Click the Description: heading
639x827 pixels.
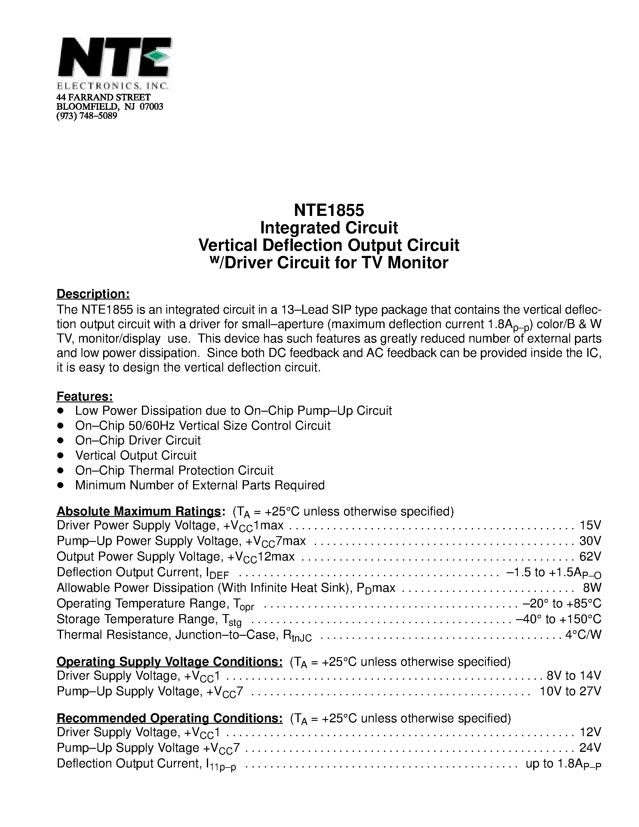click(x=93, y=294)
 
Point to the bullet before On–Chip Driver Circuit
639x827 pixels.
click(x=60, y=440)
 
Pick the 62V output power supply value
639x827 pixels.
click(x=590, y=556)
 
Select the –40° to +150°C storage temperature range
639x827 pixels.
click(x=558, y=619)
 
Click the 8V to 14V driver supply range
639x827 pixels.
click(x=574, y=675)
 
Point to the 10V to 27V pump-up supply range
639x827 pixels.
click(x=570, y=691)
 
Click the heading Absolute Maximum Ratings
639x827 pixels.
click(x=139, y=512)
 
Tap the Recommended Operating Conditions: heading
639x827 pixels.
click(x=169, y=718)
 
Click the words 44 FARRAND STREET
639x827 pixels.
click(x=103, y=98)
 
